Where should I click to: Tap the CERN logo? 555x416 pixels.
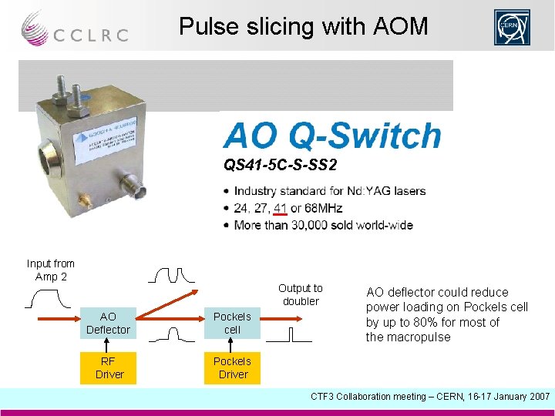pyautogui.click(x=513, y=28)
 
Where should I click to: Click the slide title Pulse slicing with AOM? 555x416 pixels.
pyautogui.click(x=303, y=27)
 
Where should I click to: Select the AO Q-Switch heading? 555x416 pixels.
pyautogui.click(x=331, y=136)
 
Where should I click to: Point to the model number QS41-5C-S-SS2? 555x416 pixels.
pyautogui.click(x=281, y=166)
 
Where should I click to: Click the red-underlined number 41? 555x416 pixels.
pyautogui.click(x=280, y=208)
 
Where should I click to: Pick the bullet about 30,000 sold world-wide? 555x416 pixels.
pyautogui.click(x=323, y=225)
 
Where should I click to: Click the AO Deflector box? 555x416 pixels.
pyautogui.click(x=108, y=323)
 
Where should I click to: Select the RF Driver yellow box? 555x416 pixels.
pyautogui.click(x=108, y=367)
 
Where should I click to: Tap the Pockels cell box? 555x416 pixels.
pyautogui.click(x=232, y=323)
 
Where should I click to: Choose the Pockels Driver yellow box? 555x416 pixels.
pyautogui.click(x=232, y=367)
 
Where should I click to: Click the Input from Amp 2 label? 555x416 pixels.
pyautogui.click(x=51, y=270)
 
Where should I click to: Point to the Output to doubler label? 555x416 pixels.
pyautogui.click(x=301, y=294)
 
